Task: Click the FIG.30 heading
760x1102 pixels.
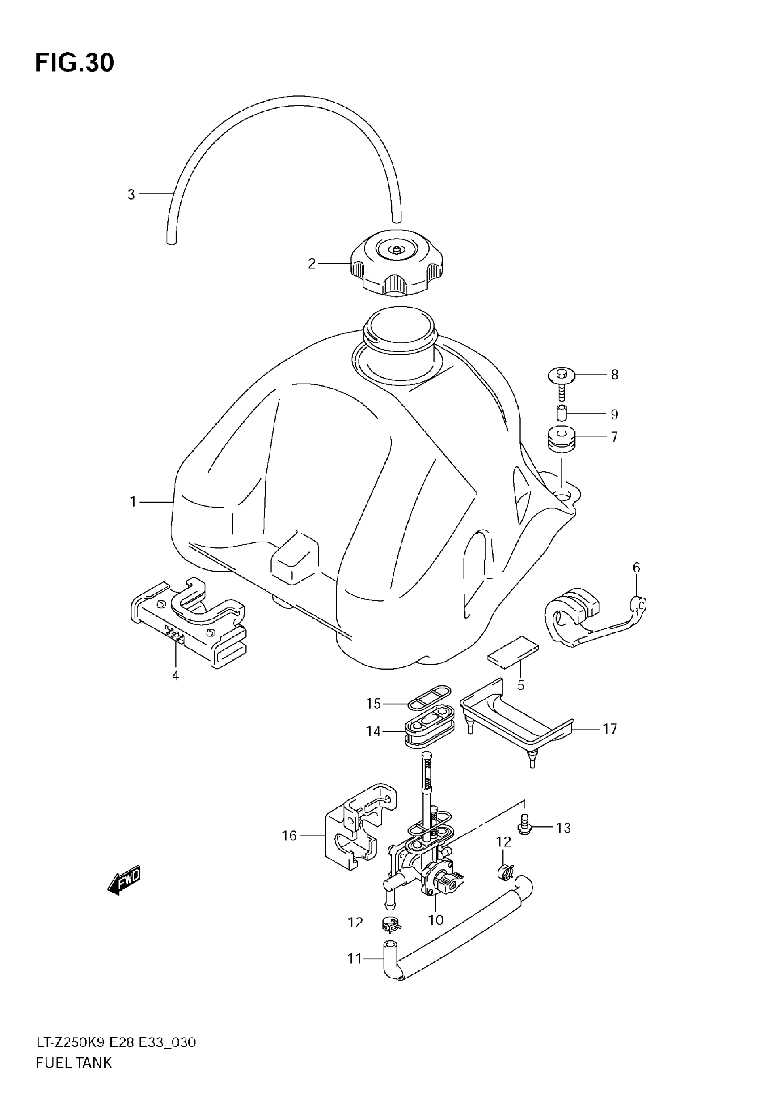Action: pyautogui.click(x=75, y=63)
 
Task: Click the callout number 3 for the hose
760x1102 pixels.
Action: pyautogui.click(x=131, y=194)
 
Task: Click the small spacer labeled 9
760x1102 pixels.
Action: pyautogui.click(x=562, y=413)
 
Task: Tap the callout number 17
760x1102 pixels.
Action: pyautogui.click(x=609, y=729)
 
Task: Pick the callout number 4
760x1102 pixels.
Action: pyautogui.click(x=175, y=675)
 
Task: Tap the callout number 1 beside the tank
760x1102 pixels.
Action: pyautogui.click(x=133, y=502)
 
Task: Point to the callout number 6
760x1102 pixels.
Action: pyautogui.click(x=637, y=568)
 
